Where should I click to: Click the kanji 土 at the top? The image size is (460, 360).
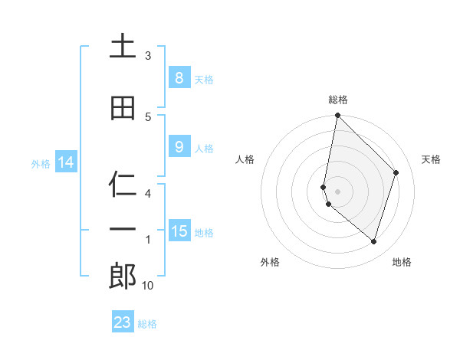pos(123,47)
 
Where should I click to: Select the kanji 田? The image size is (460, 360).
pos(123,108)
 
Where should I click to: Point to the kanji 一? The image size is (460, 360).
pos(123,230)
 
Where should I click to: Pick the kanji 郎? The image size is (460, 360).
pos(123,277)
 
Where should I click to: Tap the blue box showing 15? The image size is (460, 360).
pos(179,231)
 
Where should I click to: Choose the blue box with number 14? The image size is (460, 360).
pos(65,162)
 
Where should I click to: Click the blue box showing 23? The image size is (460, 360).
pos(123,322)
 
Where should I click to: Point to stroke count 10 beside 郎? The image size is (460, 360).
pos(148,286)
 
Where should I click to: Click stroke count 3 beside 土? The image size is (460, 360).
pos(148,56)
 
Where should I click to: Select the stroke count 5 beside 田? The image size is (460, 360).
pos(148,117)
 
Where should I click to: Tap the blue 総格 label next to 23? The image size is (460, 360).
pos(147,324)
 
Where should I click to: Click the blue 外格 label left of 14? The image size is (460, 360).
pos(40,163)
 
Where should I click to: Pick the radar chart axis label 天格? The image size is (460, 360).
pos(431,159)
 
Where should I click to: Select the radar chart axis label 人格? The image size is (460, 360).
pos(245,159)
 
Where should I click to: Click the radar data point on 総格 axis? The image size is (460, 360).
pos(337,116)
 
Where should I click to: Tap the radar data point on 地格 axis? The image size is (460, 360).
pos(373,241)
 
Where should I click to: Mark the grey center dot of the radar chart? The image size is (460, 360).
pos(337,191)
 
